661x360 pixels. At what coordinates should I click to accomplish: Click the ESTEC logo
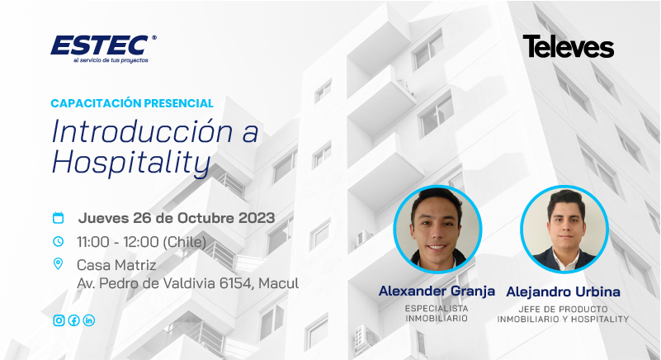[x=103, y=49]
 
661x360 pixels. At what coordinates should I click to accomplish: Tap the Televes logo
[x=569, y=46]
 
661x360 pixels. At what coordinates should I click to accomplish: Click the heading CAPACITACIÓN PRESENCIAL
[x=132, y=103]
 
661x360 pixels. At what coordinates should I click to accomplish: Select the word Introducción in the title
[x=142, y=131]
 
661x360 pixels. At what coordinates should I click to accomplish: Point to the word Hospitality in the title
[x=131, y=163]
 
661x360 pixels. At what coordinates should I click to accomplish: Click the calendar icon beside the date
[x=58, y=218]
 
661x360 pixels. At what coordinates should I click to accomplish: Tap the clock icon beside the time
[x=58, y=241]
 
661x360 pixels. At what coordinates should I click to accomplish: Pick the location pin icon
[x=58, y=263]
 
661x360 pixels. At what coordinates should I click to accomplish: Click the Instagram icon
[x=59, y=320]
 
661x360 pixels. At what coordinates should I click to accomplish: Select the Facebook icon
[x=73, y=320]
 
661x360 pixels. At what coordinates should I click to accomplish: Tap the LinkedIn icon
[x=89, y=320]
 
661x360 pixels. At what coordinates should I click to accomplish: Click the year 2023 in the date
[x=257, y=218]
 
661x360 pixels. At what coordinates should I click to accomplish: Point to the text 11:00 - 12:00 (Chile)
[x=142, y=242]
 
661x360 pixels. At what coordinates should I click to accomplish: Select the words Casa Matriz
[x=116, y=265]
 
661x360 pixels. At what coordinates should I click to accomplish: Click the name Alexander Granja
[x=437, y=291]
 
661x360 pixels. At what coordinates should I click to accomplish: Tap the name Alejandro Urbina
[x=563, y=291]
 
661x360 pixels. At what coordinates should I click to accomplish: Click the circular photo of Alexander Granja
[x=437, y=230]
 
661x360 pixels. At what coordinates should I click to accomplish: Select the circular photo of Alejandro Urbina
[x=564, y=230]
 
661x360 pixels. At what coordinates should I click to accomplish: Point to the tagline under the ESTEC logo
[x=111, y=60]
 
